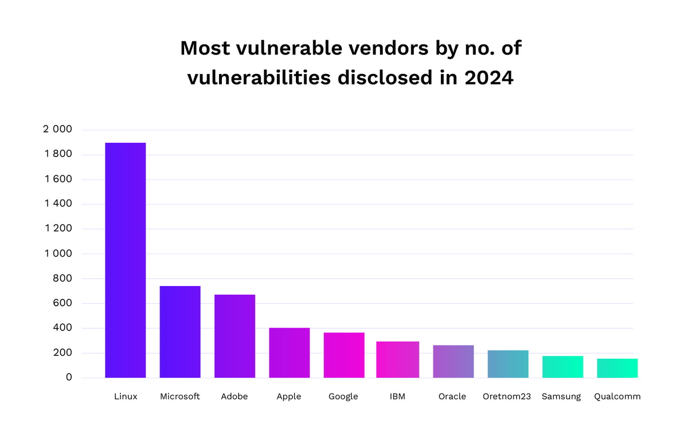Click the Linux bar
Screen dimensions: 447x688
pos(126,260)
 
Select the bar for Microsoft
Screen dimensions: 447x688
pos(180,332)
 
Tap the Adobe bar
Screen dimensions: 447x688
pos(234,336)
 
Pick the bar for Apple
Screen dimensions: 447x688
pos(290,352)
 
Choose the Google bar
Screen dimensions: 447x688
pos(344,355)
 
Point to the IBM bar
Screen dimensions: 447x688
pos(398,359)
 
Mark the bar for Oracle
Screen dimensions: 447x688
pos(453,361)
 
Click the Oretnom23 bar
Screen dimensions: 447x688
pos(508,364)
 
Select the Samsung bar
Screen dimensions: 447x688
pos(562,367)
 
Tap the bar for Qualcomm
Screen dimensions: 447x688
pos(617,368)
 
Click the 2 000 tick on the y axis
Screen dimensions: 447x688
pos(57,130)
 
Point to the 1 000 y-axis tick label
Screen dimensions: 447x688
pos(57,253)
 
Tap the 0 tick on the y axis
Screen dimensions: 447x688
pos(68,377)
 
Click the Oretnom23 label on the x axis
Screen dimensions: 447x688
pos(507,397)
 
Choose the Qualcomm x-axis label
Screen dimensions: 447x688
pos(617,397)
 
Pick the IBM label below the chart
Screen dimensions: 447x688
pos(397,397)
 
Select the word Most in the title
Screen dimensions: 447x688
pos(206,48)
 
